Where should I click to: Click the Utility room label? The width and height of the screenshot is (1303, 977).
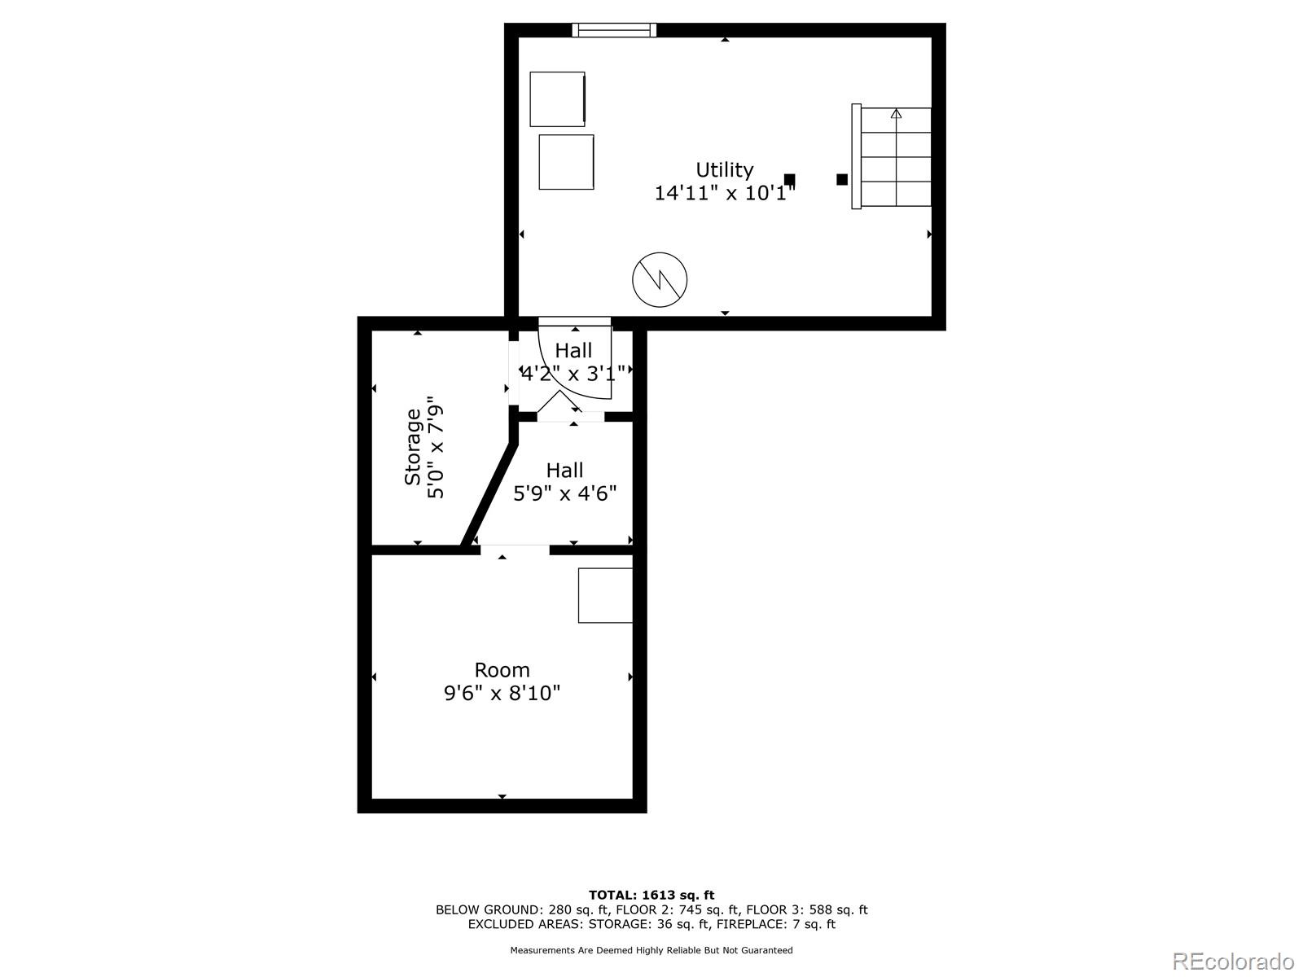724,169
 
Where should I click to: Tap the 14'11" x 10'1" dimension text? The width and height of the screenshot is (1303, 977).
724,193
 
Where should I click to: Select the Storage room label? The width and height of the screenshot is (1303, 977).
413,447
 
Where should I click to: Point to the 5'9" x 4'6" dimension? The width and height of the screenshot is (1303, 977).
564,493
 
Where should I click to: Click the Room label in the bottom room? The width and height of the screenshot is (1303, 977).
502,670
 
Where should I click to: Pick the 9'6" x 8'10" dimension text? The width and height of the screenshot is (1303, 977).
502,694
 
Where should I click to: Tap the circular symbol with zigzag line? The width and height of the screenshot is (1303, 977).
660,279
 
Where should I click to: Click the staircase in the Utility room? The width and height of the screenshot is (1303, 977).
893,156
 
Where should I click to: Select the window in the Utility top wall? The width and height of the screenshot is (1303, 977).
614,30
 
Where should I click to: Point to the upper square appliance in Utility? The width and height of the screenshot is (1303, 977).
558,99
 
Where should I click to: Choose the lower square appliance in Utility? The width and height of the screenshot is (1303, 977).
566,162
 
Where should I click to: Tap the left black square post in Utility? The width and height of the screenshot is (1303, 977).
789,179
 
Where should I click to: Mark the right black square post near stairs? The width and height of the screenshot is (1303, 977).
842,179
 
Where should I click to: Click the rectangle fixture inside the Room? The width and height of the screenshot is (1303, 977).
605,595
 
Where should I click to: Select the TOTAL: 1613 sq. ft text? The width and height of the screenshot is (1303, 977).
651,895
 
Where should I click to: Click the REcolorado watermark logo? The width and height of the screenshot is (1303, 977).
1233,961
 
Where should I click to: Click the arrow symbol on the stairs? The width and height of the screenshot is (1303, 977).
896,114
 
